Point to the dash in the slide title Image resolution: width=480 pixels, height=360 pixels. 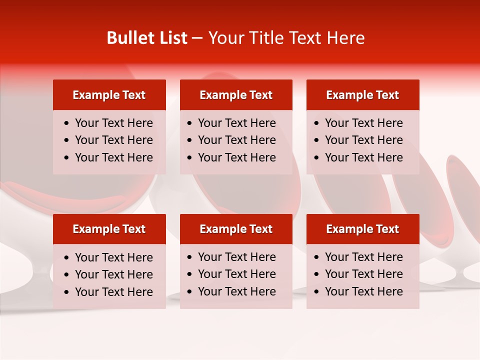point(197,38)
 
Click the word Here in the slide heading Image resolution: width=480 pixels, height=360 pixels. point(345,38)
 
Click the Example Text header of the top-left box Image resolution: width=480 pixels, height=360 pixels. point(109,95)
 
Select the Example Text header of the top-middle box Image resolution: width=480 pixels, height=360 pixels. point(236,95)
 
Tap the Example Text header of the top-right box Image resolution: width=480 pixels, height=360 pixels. point(362,95)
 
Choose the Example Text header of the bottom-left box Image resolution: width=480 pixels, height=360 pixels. point(109,229)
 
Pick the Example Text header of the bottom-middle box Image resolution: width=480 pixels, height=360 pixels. point(236,229)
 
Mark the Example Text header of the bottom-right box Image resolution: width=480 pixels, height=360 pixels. point(362,229)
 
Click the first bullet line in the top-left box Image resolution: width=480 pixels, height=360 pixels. point(113,123)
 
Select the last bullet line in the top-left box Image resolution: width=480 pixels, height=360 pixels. point(113,157)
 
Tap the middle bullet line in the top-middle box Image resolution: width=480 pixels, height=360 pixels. point(236,140)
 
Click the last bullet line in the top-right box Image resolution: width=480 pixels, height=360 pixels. point(363,157)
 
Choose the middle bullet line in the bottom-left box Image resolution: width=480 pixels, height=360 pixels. point(113,274)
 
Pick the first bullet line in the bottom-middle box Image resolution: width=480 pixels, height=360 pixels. point(236,257)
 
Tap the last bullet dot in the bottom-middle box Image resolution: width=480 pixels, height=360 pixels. point(190,292)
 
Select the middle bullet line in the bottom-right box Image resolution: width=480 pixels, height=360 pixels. point(363,274)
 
